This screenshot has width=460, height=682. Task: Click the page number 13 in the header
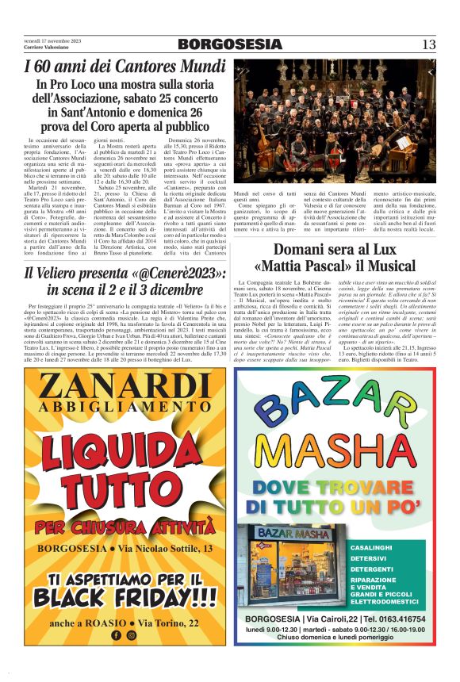pos(428,44)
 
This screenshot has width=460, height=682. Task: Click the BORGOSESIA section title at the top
pos(229,44)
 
